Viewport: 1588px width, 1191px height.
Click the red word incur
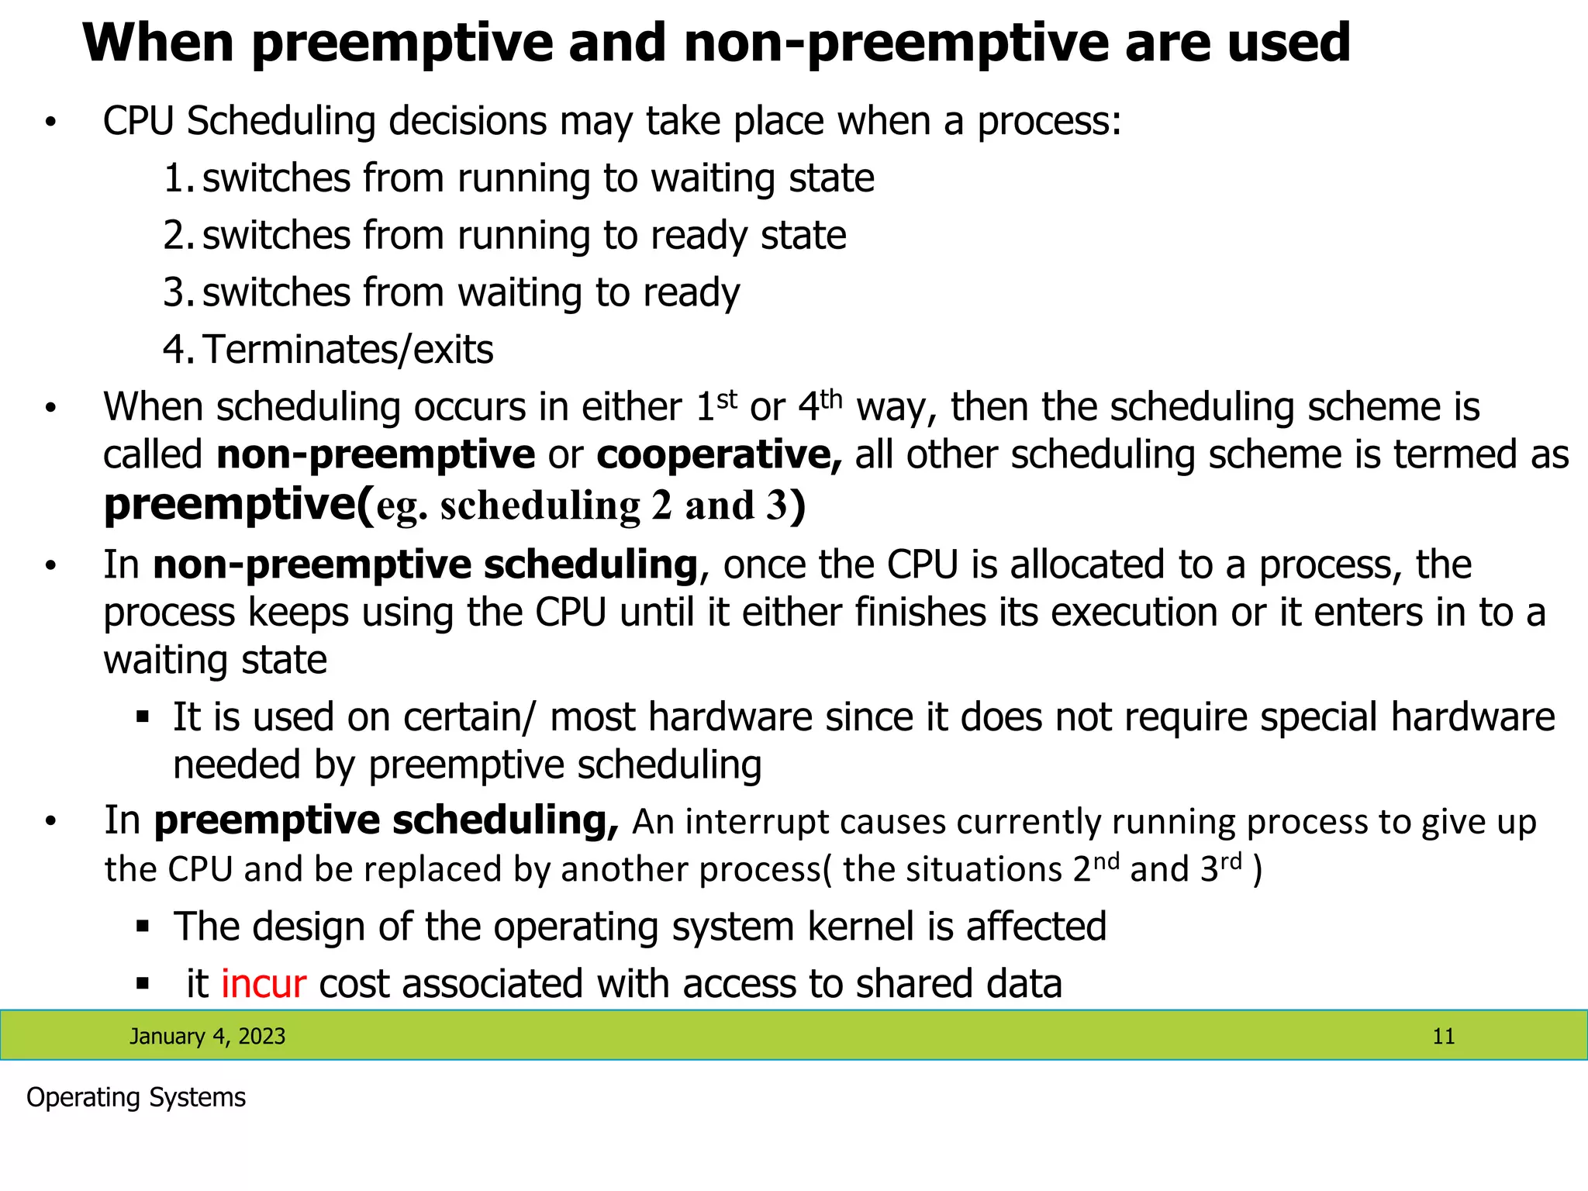[x=264, y=984]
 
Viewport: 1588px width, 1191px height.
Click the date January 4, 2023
[x=207, y=1037]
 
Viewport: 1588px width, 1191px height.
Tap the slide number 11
[x=1443, y=1037]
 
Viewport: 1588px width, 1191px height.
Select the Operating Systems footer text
[x=136, y=1098]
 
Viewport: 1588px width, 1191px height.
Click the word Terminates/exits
[x=348, y=350]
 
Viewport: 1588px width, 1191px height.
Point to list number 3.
[x=177, y=293]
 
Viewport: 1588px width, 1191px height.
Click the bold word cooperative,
[x=719, y=455]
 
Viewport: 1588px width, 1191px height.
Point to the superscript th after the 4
[x=831, y=399]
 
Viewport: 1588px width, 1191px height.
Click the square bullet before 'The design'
[x=142, y=926]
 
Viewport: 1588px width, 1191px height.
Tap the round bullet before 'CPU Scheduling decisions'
[x=51, y=123]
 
